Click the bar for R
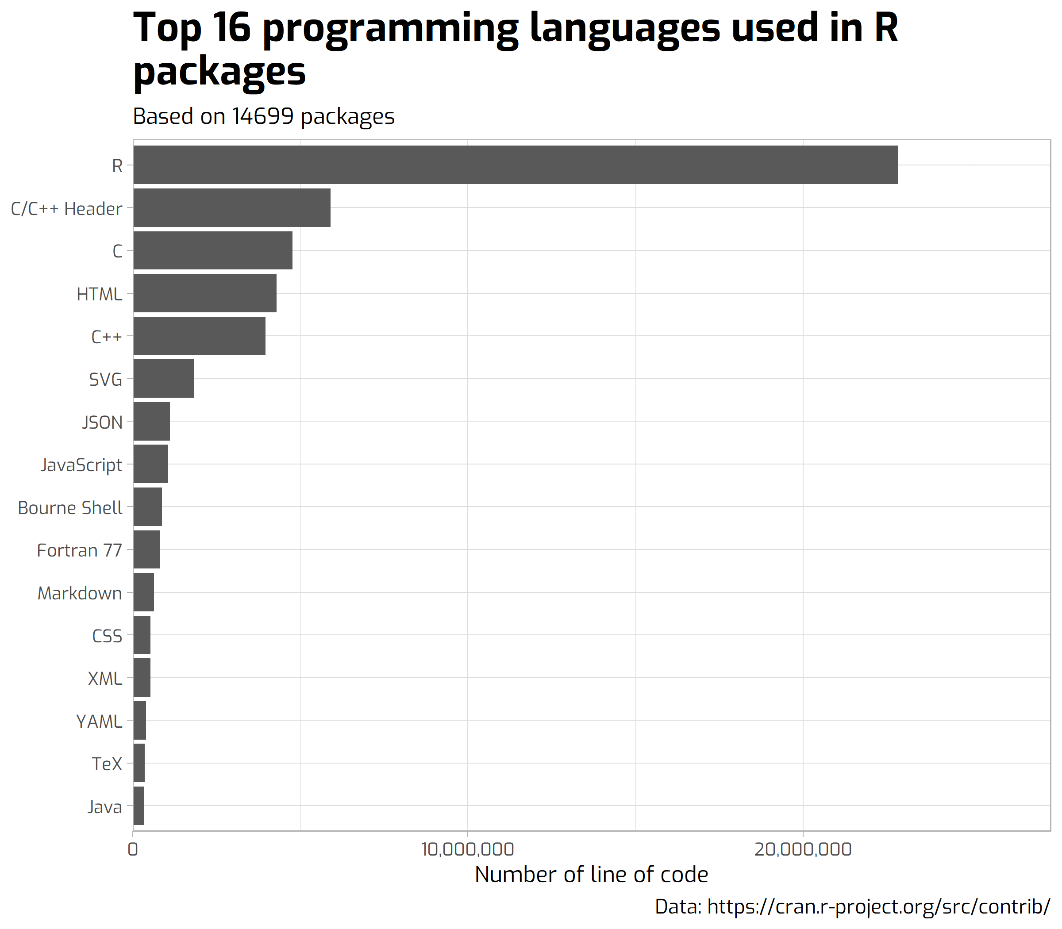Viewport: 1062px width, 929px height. (x=515, y=165)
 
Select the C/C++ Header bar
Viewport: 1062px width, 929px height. (x=232, y=207)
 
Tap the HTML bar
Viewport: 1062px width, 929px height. (x=205, y=293)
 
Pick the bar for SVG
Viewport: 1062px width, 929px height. (x=163, y=378)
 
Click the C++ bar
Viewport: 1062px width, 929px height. (x=199, y=336)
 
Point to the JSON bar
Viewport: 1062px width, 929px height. (x=151, y=422)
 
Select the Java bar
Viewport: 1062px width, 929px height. (x=139, y=806)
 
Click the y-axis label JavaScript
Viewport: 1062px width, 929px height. (x=81, y=465)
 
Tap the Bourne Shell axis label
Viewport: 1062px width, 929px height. (x=70, y=507)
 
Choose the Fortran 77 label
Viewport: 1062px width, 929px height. (x=79, y=550)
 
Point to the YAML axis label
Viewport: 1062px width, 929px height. (x=99, y=721)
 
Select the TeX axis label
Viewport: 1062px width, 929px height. (x=107, y=764)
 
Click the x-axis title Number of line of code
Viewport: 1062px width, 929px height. (x=591, y=875)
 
